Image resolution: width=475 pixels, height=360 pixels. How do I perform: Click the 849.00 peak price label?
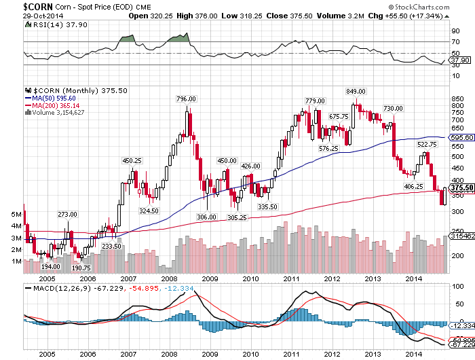click(356, 91)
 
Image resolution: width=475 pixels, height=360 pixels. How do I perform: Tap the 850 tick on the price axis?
click(455, 98)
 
